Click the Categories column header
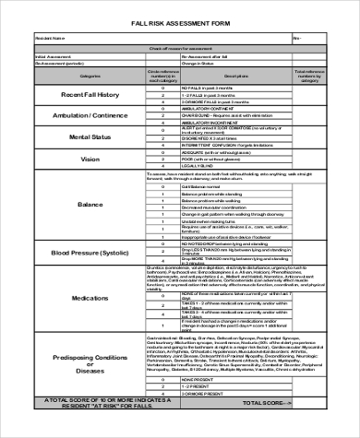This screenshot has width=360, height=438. tap(90, 76)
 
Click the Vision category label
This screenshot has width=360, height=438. tap(90, 159)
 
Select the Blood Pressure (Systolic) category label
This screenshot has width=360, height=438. tap(90, 252)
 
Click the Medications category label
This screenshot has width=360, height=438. tap(90, 298)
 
